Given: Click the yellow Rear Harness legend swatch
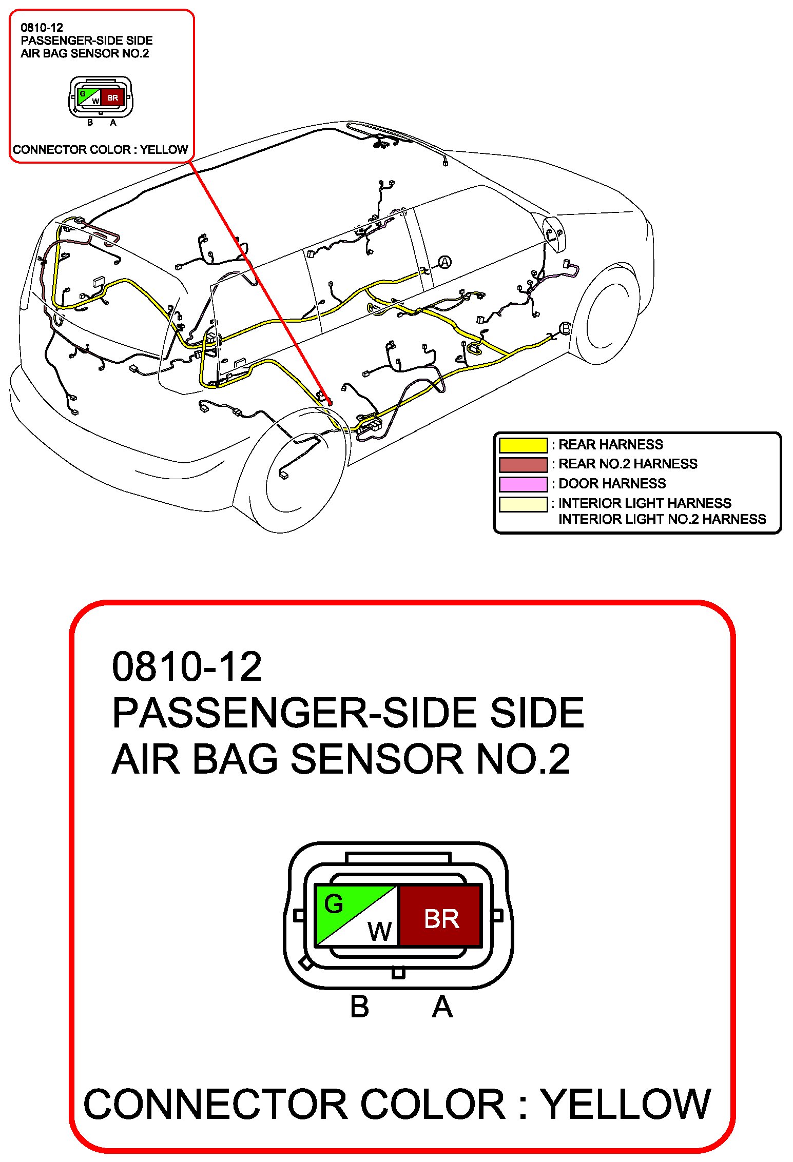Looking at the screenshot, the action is click(523, 445).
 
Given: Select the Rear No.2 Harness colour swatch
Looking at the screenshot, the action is click(523, 464).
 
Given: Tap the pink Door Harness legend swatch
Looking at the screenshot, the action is click(523, 484).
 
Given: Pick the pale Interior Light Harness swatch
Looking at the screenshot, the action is click(523, 504).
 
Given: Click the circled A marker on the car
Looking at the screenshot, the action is click(444, 262).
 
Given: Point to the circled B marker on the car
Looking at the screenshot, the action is click(565, 328).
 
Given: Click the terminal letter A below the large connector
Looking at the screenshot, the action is click(442, 1007).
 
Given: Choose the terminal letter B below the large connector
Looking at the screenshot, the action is click(359, 1007).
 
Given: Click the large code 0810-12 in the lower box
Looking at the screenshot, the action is click(187, 667).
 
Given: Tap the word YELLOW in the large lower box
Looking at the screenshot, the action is click(626, 1105).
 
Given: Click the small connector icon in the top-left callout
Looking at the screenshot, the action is click(101, 97).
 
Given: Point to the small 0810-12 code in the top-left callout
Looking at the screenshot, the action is click(42, 28).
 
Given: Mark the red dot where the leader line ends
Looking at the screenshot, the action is click(329, 403).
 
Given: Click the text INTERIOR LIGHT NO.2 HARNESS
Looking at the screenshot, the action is click(662, 519).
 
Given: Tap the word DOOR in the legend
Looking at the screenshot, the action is click(579, 484).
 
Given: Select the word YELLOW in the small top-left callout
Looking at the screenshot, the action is click(164, 150).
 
